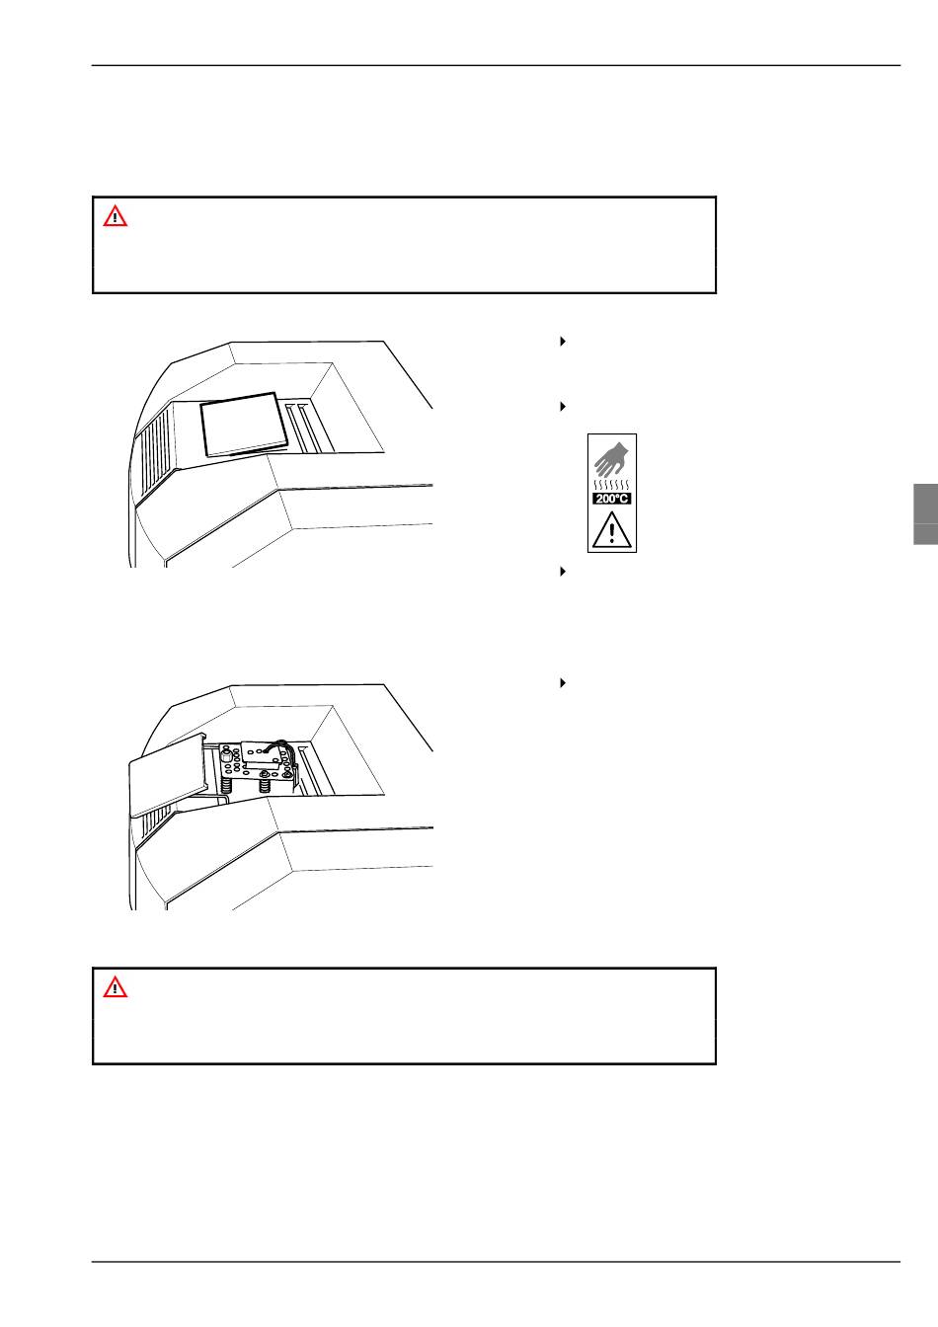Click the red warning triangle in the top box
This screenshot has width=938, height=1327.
[115, 216]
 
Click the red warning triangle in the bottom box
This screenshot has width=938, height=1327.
[115, 987]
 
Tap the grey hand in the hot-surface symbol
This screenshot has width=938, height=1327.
[611, 459]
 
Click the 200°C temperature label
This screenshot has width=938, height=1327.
[611, 499]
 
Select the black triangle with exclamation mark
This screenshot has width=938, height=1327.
[611, 529]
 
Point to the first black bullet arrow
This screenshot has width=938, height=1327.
[563, 342]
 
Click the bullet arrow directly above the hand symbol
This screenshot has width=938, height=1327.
[563, 407]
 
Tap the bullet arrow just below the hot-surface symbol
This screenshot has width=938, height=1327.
[563, 572]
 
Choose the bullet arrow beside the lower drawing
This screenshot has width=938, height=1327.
[563, 683]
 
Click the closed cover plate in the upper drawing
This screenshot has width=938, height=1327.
[244, 425]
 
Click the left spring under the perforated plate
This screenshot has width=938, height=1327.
[226, 787]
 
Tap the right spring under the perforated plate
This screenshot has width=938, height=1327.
[265, 786]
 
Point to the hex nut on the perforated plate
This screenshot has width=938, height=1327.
[226, 756]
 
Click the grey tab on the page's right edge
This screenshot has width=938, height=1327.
[925, 514]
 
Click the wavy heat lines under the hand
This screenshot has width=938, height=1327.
[611, 485]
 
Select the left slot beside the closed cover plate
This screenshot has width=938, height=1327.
[295, 429]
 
